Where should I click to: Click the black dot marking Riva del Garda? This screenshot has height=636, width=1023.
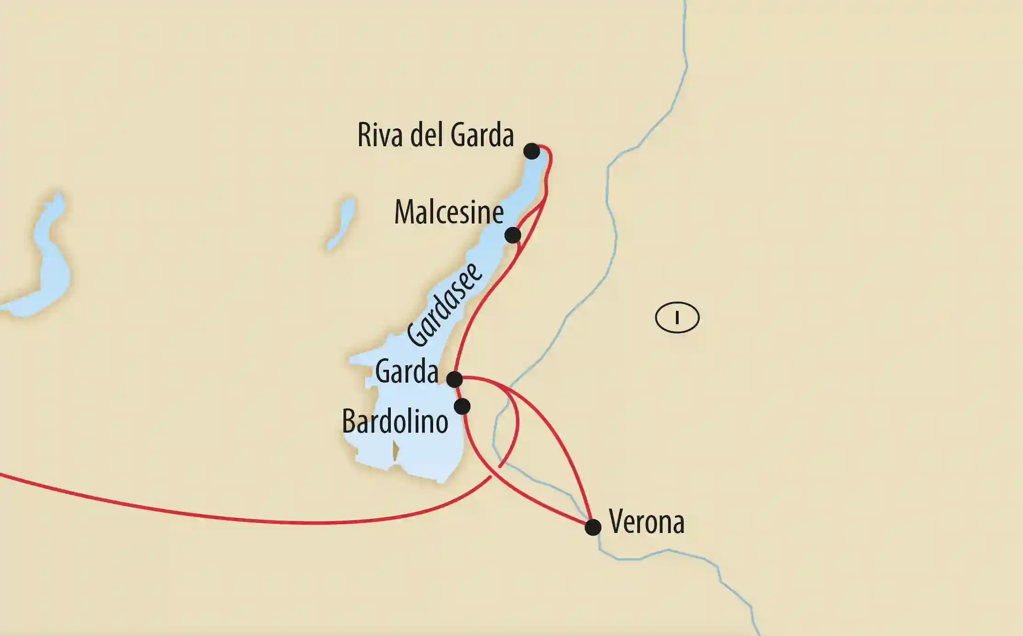[x=532, y=151]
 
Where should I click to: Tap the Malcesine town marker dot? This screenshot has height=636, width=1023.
[x=513, y=235]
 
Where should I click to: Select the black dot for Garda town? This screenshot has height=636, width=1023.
[x=454, y=379]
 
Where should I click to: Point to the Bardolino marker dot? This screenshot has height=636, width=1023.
[x=462, y=407]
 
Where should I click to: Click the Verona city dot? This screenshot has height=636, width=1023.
[x=593, y=527]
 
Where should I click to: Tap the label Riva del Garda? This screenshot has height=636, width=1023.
[x=435, y=136]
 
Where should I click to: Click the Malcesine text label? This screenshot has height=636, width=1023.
[x=449, y=212]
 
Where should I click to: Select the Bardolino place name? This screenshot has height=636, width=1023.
[x=395, y=422]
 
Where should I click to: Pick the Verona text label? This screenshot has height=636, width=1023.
[x=646, y=522]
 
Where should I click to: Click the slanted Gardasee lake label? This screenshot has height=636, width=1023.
[x=445, y=305]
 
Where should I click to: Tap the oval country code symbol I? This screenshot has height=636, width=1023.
[x=677, y=318]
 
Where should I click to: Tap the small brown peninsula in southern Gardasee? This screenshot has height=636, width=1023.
[x=395, y=451]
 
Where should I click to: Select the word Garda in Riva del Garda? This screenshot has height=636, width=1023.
[x=482, y=136]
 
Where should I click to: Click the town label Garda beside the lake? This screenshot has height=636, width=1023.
[x=406, y=372]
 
